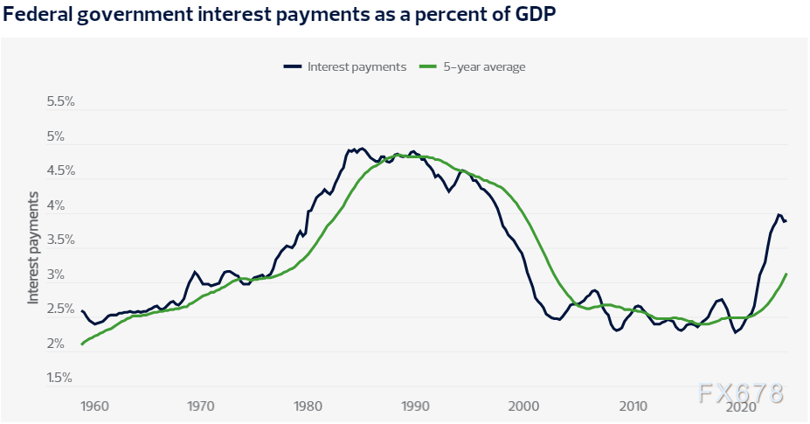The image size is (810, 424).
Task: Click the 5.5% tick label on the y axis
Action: (x=61, y=101)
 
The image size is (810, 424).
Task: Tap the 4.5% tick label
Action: (x=61, y=171)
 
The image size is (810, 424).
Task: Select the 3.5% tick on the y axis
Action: (x=61, y=240)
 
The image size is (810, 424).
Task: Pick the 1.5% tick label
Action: (x=61, y=378)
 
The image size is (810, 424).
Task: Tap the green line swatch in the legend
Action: (x=427, y=66)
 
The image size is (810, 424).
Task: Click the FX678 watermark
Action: (x=741, y=393)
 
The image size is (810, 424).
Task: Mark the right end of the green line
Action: (x=787, y=274)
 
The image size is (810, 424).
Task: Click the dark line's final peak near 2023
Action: (x=778, y=214)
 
